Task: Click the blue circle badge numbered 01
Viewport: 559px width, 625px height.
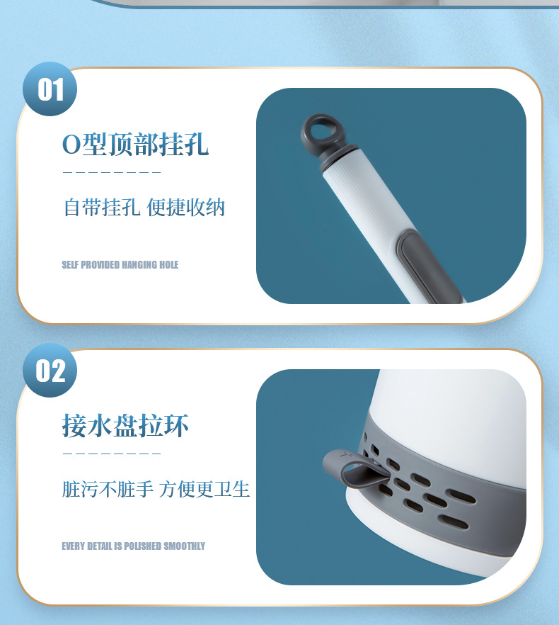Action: [x=50, y=89]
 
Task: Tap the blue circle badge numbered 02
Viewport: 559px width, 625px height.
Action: [x=50, y=371]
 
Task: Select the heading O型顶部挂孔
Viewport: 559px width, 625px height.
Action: [x=135, y=144]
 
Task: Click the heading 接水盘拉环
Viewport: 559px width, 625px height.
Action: [x=125, y=426]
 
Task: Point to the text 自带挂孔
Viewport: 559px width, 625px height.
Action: [x=102, y=208]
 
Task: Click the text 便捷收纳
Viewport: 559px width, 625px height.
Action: [x=186, y=208]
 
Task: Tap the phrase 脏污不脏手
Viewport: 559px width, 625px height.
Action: [x=108, y=489]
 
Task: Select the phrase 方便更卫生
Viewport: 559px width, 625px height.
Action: [x=204, y=489]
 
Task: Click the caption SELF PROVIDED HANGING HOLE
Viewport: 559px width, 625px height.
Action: [x=120, y=265]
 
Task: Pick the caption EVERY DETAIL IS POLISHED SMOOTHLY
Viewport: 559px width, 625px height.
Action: [x=133, y=546]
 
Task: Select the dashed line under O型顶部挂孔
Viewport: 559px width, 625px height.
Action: [x=112, y=172]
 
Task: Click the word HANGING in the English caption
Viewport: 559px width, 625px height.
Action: [x=139, y=265]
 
